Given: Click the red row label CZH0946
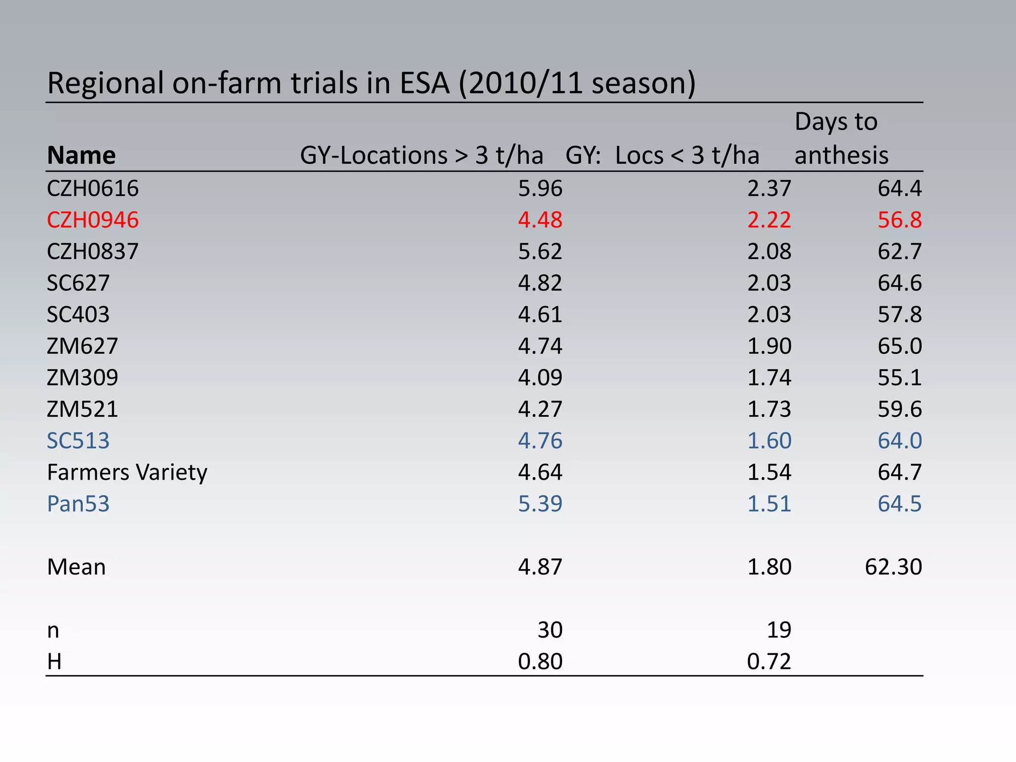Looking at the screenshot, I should [x=93, y=220].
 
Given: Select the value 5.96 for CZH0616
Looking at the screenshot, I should [x=540, y=189].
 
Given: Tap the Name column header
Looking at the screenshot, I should [x=81, y=155].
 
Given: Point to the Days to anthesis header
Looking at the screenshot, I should [x=841, y=138].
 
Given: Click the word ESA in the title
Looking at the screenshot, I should [x=425, y=83].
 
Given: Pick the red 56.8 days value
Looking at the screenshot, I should [x=899, y=220].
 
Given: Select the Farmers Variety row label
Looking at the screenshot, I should [x=127, y=472].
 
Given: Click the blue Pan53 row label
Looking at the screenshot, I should [x=78, y=504].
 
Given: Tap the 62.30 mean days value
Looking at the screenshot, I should [x=893, y=567].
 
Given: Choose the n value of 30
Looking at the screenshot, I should [x=550, y=630].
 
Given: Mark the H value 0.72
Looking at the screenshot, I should [x=769, y=662].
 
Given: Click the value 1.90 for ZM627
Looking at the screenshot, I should [x=769, y=346].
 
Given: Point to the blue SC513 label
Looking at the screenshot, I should [x=78, y=441].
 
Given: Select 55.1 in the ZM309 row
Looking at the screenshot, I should [x=899, y=378].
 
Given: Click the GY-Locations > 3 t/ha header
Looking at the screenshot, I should [x=421, y=155].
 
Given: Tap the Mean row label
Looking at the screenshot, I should [x=76, y=567].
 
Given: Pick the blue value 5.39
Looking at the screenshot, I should [x=540, y=504].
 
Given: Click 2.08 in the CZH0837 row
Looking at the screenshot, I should [x=769, y=252].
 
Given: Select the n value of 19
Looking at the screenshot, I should [x=779, y=630].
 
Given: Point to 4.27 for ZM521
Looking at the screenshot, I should [x=540, y=409].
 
